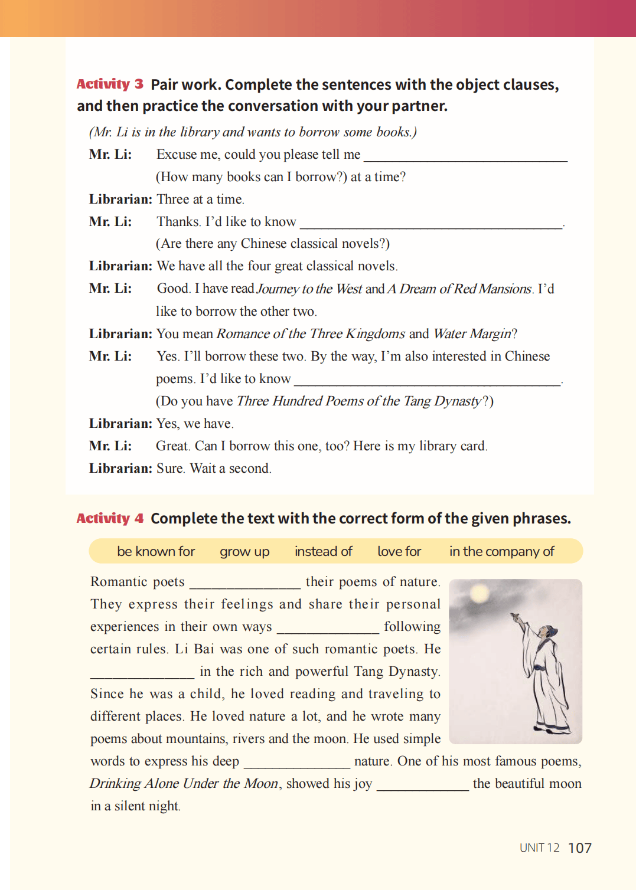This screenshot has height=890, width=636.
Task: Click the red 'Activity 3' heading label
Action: coord(110,84)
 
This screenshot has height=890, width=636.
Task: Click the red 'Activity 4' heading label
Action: coord(110,518)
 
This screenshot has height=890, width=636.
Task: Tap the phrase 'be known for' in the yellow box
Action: coord(156,551)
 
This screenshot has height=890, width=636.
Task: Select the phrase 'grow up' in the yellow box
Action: coord(244,551)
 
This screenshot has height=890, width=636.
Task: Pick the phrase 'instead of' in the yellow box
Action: coord(323,551)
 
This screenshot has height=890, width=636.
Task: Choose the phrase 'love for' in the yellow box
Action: coord(399,551)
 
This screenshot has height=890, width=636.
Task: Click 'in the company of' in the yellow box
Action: coord(501,551)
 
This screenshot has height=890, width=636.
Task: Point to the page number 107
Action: coord(580,848)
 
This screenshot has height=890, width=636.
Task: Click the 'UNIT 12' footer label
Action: coord(539,848)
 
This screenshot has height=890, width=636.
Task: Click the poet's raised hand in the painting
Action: coord(515,617)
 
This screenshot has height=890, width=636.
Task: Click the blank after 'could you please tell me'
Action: coord(465,156)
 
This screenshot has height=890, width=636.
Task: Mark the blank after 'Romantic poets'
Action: coord(245,583)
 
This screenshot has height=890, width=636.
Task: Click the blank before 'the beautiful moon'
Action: coord(423,785)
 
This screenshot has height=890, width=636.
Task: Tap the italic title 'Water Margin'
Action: coord(472,334)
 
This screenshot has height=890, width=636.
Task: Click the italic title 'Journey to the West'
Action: coord(309,289)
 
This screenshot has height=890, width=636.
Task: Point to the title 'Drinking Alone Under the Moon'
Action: coord(184,784)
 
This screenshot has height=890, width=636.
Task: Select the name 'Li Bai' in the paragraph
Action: coord(194,649)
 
